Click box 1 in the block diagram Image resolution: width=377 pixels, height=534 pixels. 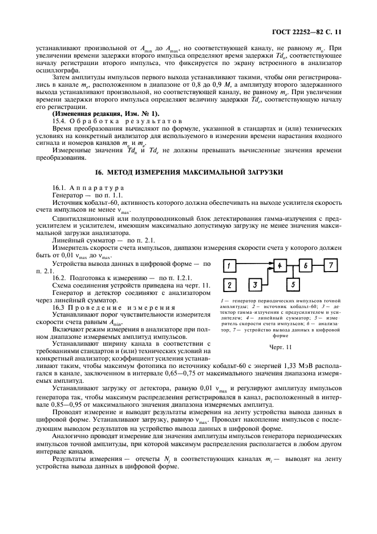pos(229,266)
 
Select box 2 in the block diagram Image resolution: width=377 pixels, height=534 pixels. pos(229,285)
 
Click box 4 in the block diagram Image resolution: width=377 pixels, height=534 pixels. pos(279,266)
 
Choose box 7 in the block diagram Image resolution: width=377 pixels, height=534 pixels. pos(330,266)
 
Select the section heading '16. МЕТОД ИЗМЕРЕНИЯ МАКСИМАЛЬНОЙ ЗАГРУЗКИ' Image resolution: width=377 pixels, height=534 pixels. pos(188,172)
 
